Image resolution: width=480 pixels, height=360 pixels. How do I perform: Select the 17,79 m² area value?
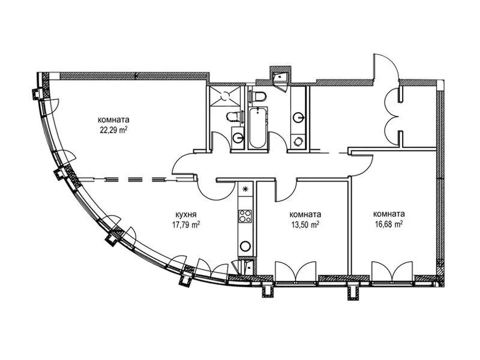(185, 225)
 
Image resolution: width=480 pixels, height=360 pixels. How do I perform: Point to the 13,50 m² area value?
(304, 225)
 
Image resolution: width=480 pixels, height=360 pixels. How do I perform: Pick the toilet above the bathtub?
(259, 97)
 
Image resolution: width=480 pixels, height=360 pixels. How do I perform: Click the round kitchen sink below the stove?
(245, 245)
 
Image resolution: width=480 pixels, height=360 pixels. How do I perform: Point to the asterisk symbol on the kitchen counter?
(245, 190)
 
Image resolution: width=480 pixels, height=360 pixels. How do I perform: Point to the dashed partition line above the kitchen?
(126, 178)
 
